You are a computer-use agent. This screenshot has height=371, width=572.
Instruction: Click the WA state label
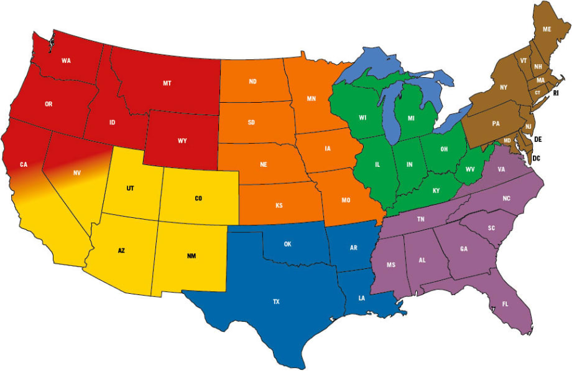(65, 60)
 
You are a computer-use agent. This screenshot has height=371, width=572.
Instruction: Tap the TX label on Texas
(276, 302)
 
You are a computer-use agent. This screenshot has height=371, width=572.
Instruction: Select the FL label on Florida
(505, 304)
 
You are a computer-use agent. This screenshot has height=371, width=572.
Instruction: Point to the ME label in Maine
(547, 29)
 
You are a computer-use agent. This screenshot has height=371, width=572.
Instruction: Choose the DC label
(536, 159)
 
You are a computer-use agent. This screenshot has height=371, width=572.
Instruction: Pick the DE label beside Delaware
(538, 140)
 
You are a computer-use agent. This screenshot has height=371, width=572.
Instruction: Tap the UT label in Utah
(130, 187)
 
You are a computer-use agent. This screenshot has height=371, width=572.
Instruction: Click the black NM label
(191, 256)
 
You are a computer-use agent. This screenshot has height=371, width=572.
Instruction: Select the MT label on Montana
(167, 83)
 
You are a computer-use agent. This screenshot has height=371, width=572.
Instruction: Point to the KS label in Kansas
(279, 205)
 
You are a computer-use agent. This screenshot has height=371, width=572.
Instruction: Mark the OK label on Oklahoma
(287, 244)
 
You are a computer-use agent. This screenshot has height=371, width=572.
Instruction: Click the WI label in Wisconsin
(362, 117)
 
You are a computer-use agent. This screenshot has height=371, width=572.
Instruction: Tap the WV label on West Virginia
(471, 169)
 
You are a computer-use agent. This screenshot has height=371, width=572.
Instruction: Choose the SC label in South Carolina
(491, 228)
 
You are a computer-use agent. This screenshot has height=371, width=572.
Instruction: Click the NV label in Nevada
(77, 172)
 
